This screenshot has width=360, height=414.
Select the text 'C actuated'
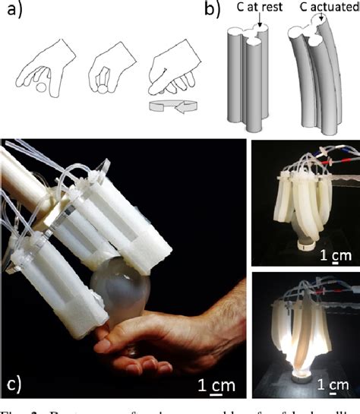click(x=322, y=8)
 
